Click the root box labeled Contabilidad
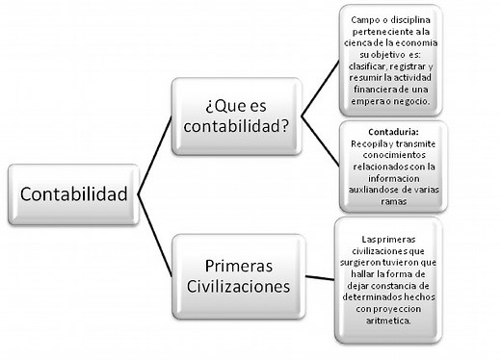72,194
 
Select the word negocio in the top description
416,101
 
